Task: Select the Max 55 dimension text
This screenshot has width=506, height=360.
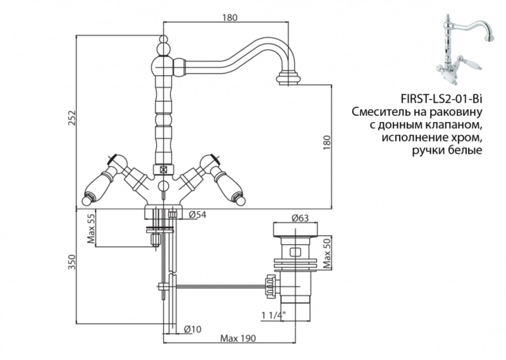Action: [92, 228]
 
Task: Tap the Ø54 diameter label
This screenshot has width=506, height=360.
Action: [197, 215]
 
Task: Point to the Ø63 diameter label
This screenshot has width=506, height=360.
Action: [300, 218]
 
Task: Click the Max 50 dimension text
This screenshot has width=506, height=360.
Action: [327, 253]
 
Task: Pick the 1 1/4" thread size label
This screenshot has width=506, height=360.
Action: [274, 315]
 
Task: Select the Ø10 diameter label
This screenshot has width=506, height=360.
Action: [193, 329]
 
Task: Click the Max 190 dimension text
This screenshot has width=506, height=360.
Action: [238, 338]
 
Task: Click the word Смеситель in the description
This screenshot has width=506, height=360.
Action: [379, 111]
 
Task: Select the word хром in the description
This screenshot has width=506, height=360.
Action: [465, 137]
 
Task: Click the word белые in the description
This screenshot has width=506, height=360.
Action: [462, 150]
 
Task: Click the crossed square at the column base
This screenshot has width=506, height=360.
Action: [163, 170]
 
